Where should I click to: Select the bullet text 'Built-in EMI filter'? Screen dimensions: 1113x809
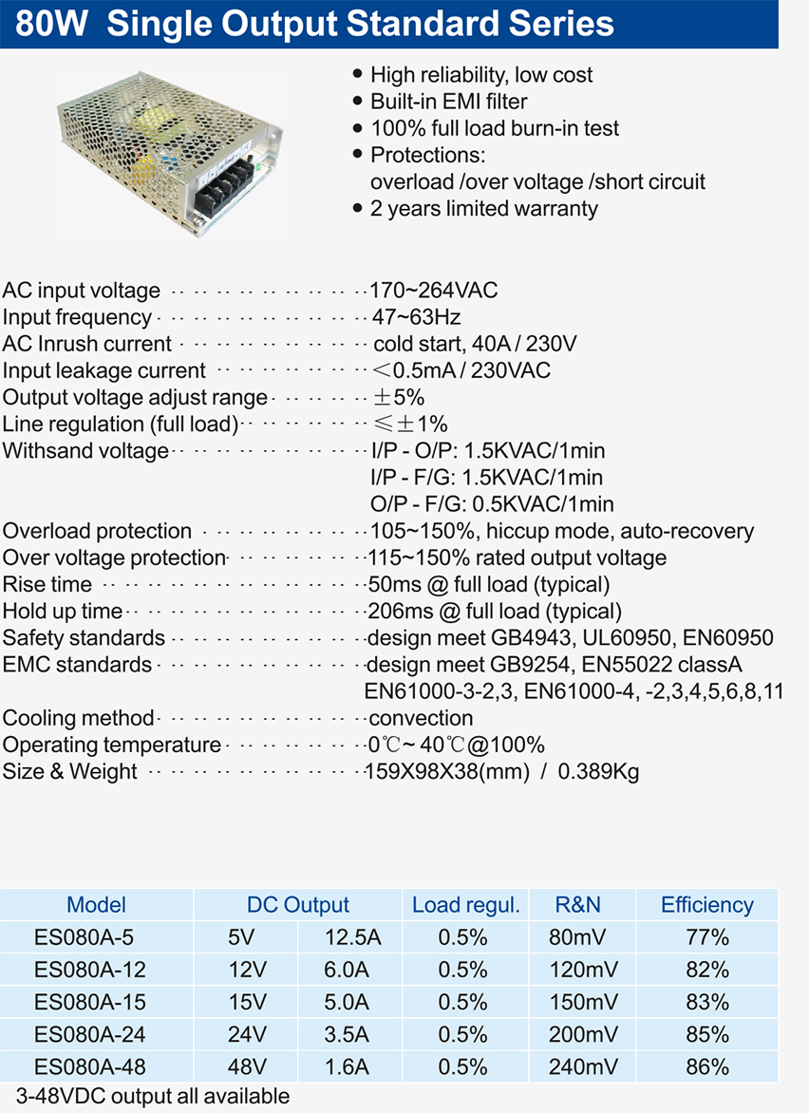point(448,102)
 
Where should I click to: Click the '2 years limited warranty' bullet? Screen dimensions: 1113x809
point(483,209)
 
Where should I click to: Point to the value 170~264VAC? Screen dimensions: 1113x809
point(434,291)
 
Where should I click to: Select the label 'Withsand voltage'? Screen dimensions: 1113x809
point(85,451)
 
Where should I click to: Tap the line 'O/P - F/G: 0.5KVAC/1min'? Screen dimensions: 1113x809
point(492,504)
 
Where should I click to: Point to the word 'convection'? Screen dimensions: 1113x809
point(421,718)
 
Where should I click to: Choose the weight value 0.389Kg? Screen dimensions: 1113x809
point(598,771)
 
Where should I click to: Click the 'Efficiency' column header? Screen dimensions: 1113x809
point(706,905)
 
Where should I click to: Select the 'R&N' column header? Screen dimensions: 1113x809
point(578,905)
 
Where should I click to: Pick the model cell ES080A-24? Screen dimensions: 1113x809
point(90,1035)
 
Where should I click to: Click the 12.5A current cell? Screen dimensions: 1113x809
point(352,938)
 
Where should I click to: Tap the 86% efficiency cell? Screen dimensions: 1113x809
point(707,1067)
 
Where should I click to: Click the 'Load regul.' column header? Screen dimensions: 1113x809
point(465,905)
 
